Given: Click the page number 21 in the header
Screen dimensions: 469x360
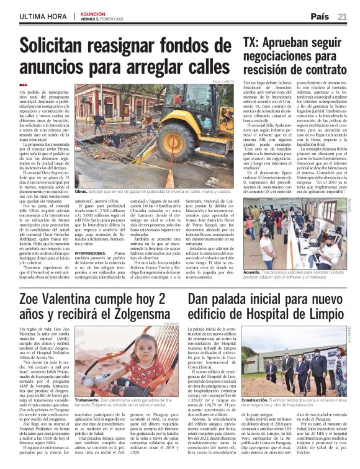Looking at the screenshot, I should click(x=342, y=17).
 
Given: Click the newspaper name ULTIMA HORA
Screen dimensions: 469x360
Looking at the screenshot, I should click(x=40, y=16).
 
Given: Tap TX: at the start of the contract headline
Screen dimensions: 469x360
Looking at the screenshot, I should click(x=251, y=43).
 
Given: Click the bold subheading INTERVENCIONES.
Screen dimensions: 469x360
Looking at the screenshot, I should click(x=92, y=236).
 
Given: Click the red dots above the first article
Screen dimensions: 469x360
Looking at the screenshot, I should click(x=24, y=86).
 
